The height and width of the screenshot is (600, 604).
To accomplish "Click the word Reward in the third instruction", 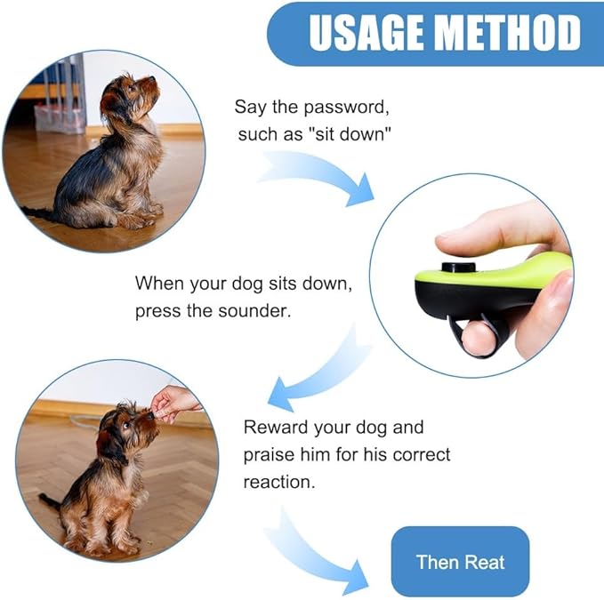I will pyautogui.click(x=277, y=427).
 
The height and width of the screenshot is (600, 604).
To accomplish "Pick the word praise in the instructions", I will pyautogui.click(x=270, y=454).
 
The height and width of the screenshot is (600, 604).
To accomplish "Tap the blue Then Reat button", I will pyautogui.click(x=460, y=561).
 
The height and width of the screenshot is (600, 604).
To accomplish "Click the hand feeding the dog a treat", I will pyautogui.click(x=173, y=402).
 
